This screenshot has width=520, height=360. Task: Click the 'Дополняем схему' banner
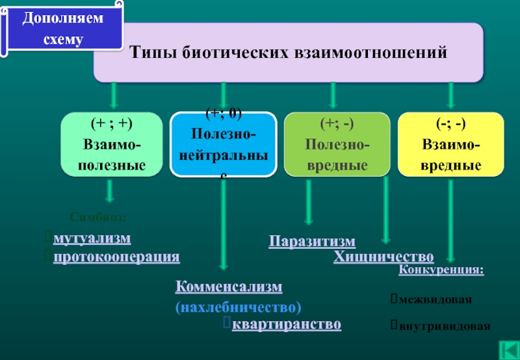tap(63, 29)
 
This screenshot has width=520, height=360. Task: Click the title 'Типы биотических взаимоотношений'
tap(289, 51)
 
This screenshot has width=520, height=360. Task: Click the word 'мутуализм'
tap(92, 238)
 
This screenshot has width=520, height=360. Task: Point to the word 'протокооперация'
tap(116, 257)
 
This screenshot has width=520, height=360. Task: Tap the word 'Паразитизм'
tap(313, 242)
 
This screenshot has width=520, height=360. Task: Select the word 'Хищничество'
tap(383, 257)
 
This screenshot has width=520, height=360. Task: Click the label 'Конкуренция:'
tap(441, 270)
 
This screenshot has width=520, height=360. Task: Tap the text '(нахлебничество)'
tap(238, 305)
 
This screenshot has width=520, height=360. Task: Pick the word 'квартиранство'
tap(287, 324)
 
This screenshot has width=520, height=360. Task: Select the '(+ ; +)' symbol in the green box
tap(111, 122)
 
